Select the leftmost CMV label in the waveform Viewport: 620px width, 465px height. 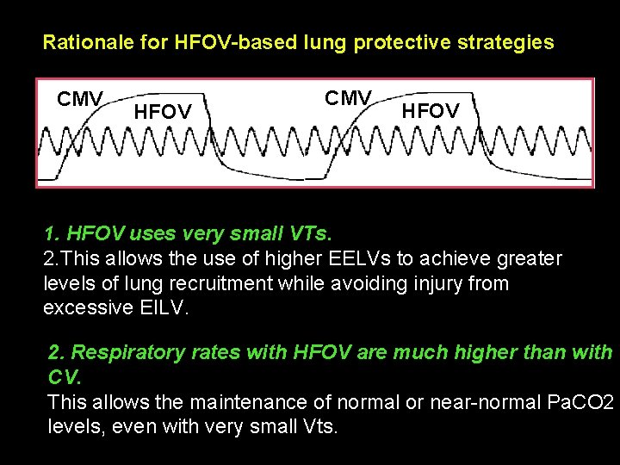pos(80,99)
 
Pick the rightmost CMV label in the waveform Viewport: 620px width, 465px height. pos(349,98)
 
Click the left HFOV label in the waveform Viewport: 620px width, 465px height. pos(163,111)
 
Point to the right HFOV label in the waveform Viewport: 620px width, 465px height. pos(431,111)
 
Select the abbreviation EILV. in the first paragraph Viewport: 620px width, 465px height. pos(169,307)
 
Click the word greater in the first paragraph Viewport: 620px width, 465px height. pos(530,258)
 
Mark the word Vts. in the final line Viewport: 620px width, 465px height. pos(314,426)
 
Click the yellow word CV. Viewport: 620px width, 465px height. pos(62,377)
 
